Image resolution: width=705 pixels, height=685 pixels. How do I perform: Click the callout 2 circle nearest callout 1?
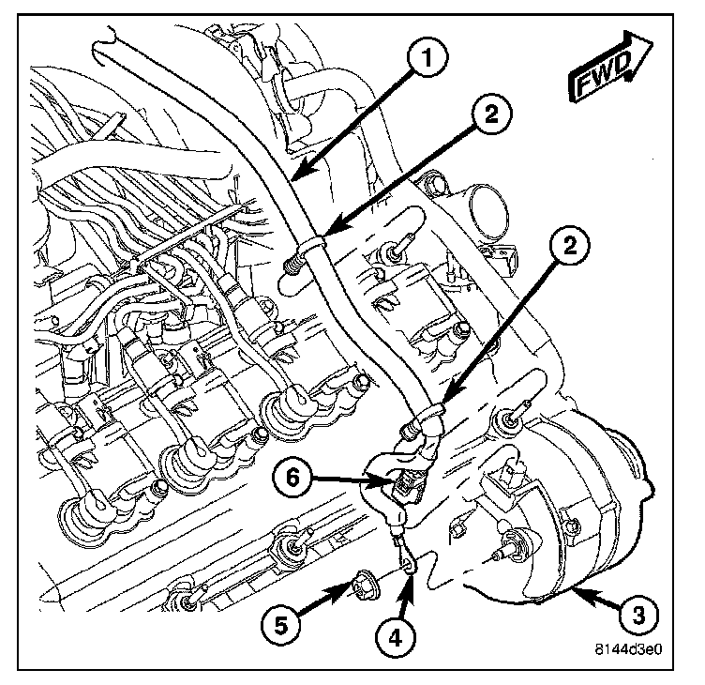click(492, 116)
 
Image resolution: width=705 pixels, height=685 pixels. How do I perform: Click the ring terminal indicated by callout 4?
click(405, 562)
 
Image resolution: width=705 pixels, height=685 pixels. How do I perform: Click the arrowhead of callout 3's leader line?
click(573, 589)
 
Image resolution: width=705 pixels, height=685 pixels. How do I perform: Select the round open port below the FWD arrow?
click(484, 204)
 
